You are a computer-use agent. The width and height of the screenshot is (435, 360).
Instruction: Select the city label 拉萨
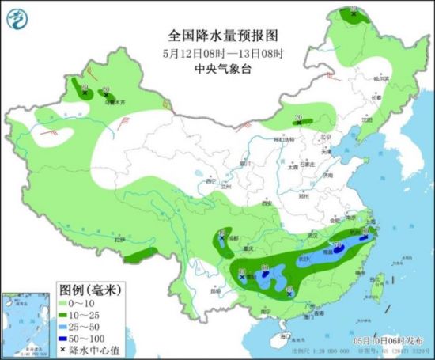coord(119,239)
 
